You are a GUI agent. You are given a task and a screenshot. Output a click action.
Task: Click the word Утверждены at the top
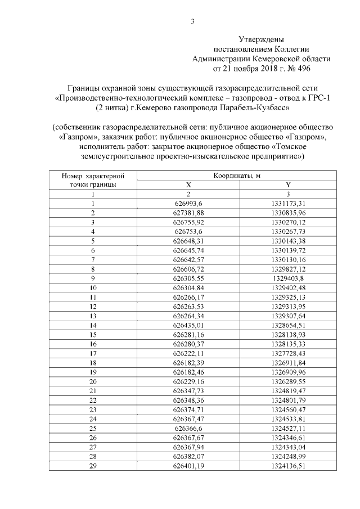click(262, 39)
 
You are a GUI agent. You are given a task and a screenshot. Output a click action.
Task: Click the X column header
click(188, 184)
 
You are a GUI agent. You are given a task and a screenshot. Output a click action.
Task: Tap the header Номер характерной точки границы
click(92, 180)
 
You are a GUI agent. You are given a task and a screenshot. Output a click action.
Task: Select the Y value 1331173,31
click(288, 203)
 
